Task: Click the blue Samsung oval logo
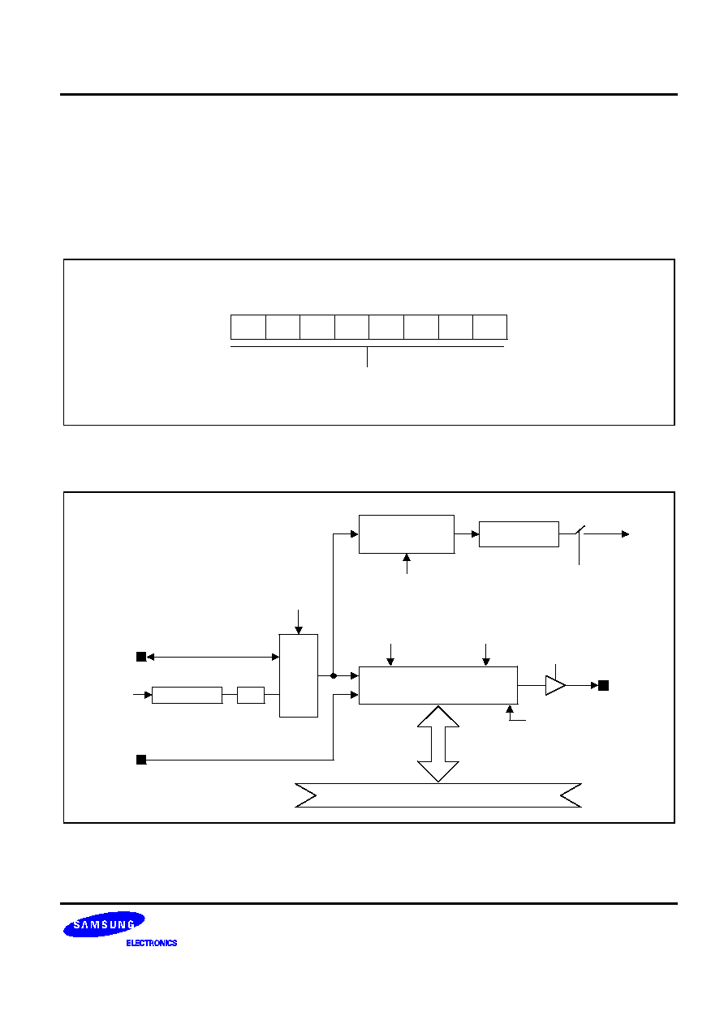click(104, 924)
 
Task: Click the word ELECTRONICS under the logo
click(152, 943)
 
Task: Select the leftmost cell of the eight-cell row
click(248, 327)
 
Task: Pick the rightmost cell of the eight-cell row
click(489, 327)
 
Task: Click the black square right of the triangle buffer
click(604, 685)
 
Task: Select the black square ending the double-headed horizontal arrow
click(141, 657)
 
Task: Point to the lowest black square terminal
click(141, 760)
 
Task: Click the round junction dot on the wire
click(334, 675)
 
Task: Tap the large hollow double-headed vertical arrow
click(438, 743)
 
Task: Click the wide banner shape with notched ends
click(438, 795)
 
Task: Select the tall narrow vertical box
click(299, 675)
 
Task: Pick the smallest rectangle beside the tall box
click(251, 695)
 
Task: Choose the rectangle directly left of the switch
click(519, 534)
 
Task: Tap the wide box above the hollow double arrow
click(438, 685)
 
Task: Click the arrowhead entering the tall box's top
click(299, 631)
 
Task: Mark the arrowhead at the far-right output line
click(626, 534)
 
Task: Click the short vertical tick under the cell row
click(367, 357)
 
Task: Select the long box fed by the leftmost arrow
click(187, 695)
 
